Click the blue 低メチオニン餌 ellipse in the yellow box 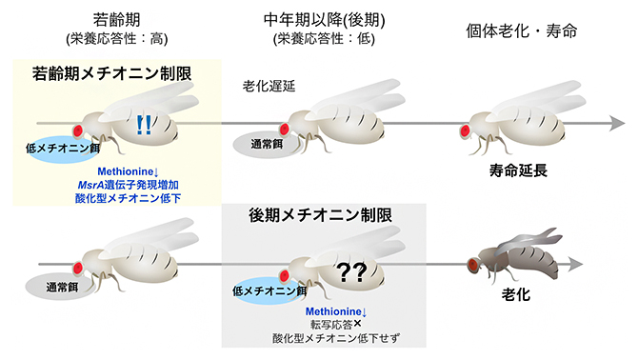pyautogui.click(x=66, y=149)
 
